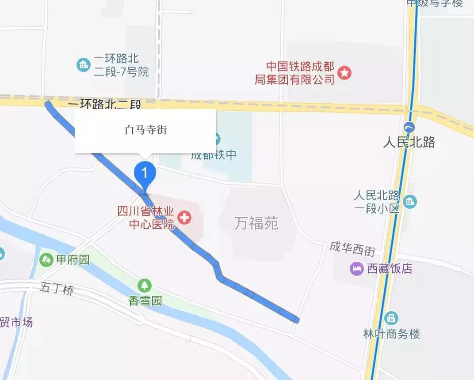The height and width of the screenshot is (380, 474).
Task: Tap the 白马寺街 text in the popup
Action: pos(146,130)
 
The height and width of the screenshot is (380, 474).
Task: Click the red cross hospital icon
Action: pos(184,217)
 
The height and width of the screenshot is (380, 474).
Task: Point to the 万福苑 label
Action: pos(256,223)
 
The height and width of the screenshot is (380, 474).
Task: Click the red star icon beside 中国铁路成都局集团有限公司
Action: pos(344,73)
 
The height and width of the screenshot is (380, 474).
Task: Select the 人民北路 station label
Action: pos(409,142)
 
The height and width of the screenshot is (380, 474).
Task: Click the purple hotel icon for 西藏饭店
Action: pos(356,268)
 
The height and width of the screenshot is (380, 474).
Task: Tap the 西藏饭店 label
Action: pos(390,268)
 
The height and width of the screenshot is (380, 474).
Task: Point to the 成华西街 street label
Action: pos(352,249)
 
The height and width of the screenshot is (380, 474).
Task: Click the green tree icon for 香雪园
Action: pos(145,286)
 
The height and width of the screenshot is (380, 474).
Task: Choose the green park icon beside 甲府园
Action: pos(46,260)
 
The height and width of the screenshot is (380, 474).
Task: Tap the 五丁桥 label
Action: pos(57,290)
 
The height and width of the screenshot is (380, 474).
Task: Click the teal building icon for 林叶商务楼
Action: pos(391,318)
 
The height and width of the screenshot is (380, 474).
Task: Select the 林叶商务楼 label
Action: pos(391,334)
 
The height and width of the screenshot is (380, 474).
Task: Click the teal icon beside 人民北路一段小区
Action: pos(410,201)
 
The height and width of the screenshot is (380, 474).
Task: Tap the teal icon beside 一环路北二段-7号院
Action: pos(83,65)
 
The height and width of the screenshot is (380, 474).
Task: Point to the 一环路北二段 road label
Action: pos(105,105)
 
